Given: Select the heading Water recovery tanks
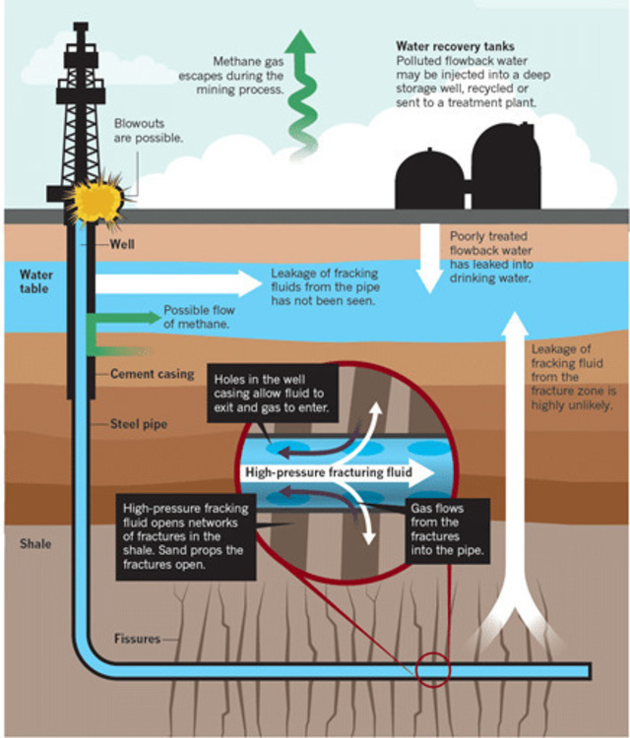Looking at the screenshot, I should click(x=455, y=46).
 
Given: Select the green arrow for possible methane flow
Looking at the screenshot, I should click(x=123, y=318).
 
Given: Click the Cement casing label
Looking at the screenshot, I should click(x=152, y=375).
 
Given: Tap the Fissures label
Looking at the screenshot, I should click(x=136, y=639).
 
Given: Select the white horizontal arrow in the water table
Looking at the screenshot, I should click(x=177, y=284).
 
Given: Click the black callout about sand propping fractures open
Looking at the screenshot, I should click(x=185, y=536).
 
